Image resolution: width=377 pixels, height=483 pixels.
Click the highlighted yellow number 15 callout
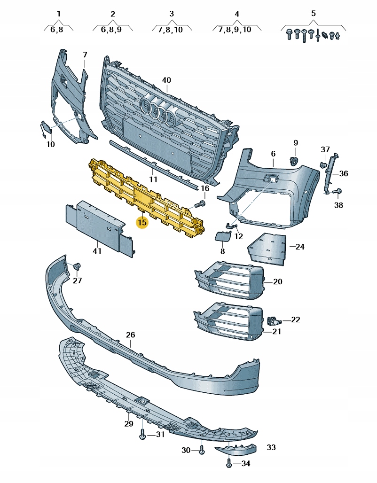click(x=142, y=221)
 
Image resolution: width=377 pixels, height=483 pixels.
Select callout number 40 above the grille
click(x=166, y=80)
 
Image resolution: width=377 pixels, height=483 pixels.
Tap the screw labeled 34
click(x=229, y=464)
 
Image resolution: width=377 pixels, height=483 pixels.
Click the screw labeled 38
click(x=337, y=192)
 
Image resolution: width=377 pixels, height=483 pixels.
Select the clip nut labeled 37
click(x=324, y=164)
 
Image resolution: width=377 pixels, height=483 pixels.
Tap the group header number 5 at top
click(x=314, y=14)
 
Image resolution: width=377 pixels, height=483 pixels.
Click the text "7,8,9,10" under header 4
click(x=235, y=29)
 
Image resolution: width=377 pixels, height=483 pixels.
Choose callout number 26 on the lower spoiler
click(x=130, y=335)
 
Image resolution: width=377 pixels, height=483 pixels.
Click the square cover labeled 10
click(x=46, y=127)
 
